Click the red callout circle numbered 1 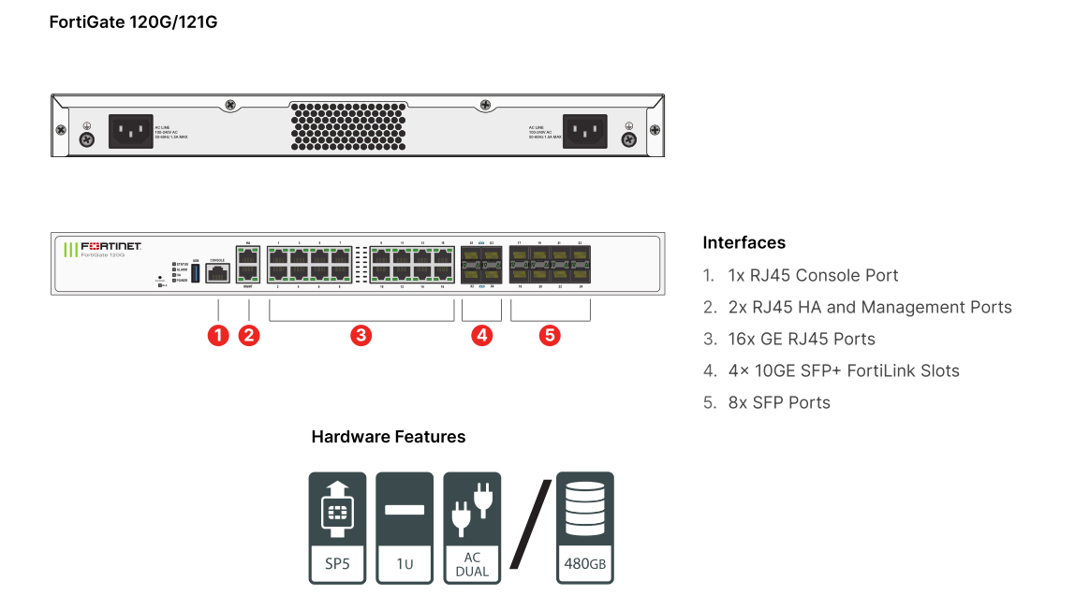(x=218, y=335)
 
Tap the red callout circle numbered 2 (x=248, y=335)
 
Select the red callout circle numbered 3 (x=361, y=335)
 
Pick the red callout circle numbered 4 (x=481, y=335)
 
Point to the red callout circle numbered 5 (x=550, y=335)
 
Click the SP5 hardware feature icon (x=338, y=528)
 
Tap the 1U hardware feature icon (x=405, y=528)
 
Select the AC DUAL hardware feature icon (x=472, y=528)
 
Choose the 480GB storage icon (x=585, y=528)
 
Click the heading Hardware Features (x=388, y=437)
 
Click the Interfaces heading (x=744, y=243)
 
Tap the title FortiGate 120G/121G (x=133, y=22)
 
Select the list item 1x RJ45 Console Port (x=813, y=276)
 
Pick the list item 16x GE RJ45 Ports (x=802, y=340)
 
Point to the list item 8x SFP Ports (x=779, y=403)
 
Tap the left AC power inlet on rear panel (x=131, y=131)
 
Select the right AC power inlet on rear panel (x=583, y=131)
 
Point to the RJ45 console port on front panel (x=217, y=273)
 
